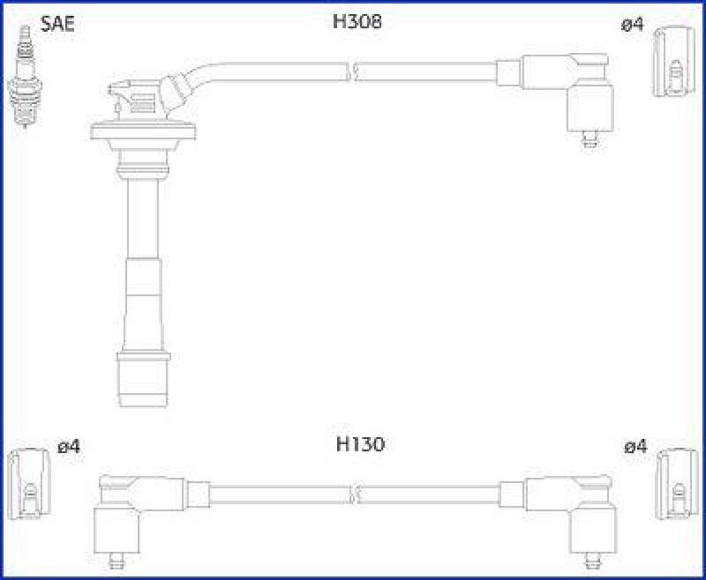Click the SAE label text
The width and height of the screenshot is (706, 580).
58,24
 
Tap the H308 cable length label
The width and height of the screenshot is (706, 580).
357,22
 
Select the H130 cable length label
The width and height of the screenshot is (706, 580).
360,445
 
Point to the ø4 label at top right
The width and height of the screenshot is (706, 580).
632,26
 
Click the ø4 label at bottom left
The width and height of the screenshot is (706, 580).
69,448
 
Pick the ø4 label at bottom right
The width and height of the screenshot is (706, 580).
635,448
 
